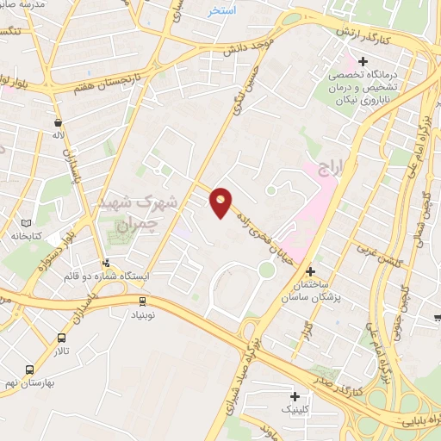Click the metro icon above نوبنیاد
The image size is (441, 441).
click(143, 300)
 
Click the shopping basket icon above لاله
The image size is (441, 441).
click(57, 123)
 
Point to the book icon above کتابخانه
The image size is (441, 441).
click(38, 222)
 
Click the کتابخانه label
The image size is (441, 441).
click(27, 235)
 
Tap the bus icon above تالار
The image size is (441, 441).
click(61, 338)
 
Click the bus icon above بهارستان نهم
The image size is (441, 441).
click(32, 368)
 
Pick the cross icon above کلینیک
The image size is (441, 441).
click(295, 396)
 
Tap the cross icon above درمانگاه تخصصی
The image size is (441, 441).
click(363, 62)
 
